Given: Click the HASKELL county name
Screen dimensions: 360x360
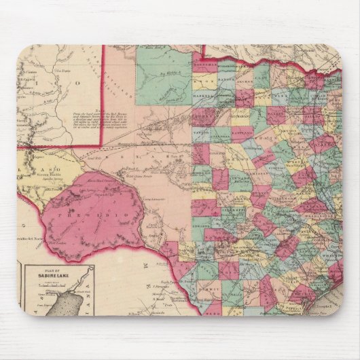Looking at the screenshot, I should point(203,96).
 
